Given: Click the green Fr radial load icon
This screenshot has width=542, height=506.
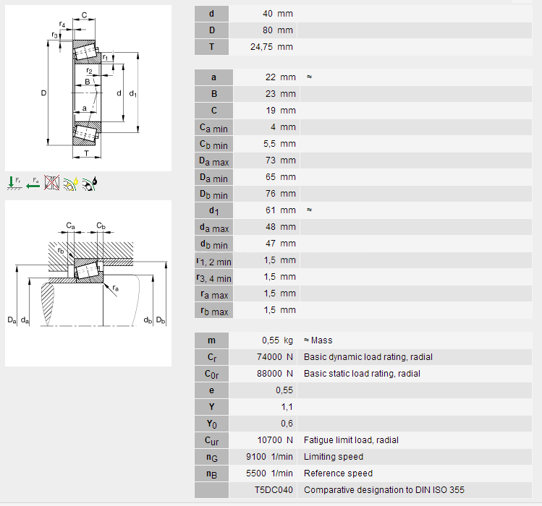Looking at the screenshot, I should click(x=14, y=183).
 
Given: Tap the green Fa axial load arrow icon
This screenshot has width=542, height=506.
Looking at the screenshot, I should click(x=33, y=183).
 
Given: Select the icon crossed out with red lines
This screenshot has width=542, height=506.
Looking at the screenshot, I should click(x=51, y=183).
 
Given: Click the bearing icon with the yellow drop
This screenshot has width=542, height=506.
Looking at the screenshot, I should click(x=70, y=183).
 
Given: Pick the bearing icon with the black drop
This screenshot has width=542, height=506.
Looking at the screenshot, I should click(x=90, y=183).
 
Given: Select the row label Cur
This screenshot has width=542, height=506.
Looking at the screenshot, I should click(x=211, y=440).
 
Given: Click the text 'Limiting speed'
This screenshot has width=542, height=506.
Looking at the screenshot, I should click(x=334, y=457).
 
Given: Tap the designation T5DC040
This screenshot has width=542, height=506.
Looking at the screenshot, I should click(x=274, y=490).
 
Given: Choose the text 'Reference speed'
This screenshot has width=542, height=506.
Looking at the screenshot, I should click(x=338, y=473).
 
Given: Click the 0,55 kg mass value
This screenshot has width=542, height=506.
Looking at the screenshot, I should click(x=277, y=340).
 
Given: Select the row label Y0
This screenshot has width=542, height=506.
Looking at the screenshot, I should click(x=211, y=424).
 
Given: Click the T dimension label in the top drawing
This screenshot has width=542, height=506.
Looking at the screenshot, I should click(x=86, y=153).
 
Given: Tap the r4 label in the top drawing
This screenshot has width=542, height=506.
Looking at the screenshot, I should click(x=62, y=25).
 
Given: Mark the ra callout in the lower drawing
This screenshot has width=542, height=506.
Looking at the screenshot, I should click(x=115, y=288).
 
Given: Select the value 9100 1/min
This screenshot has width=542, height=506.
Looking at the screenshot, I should click(x=269, y=457).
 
